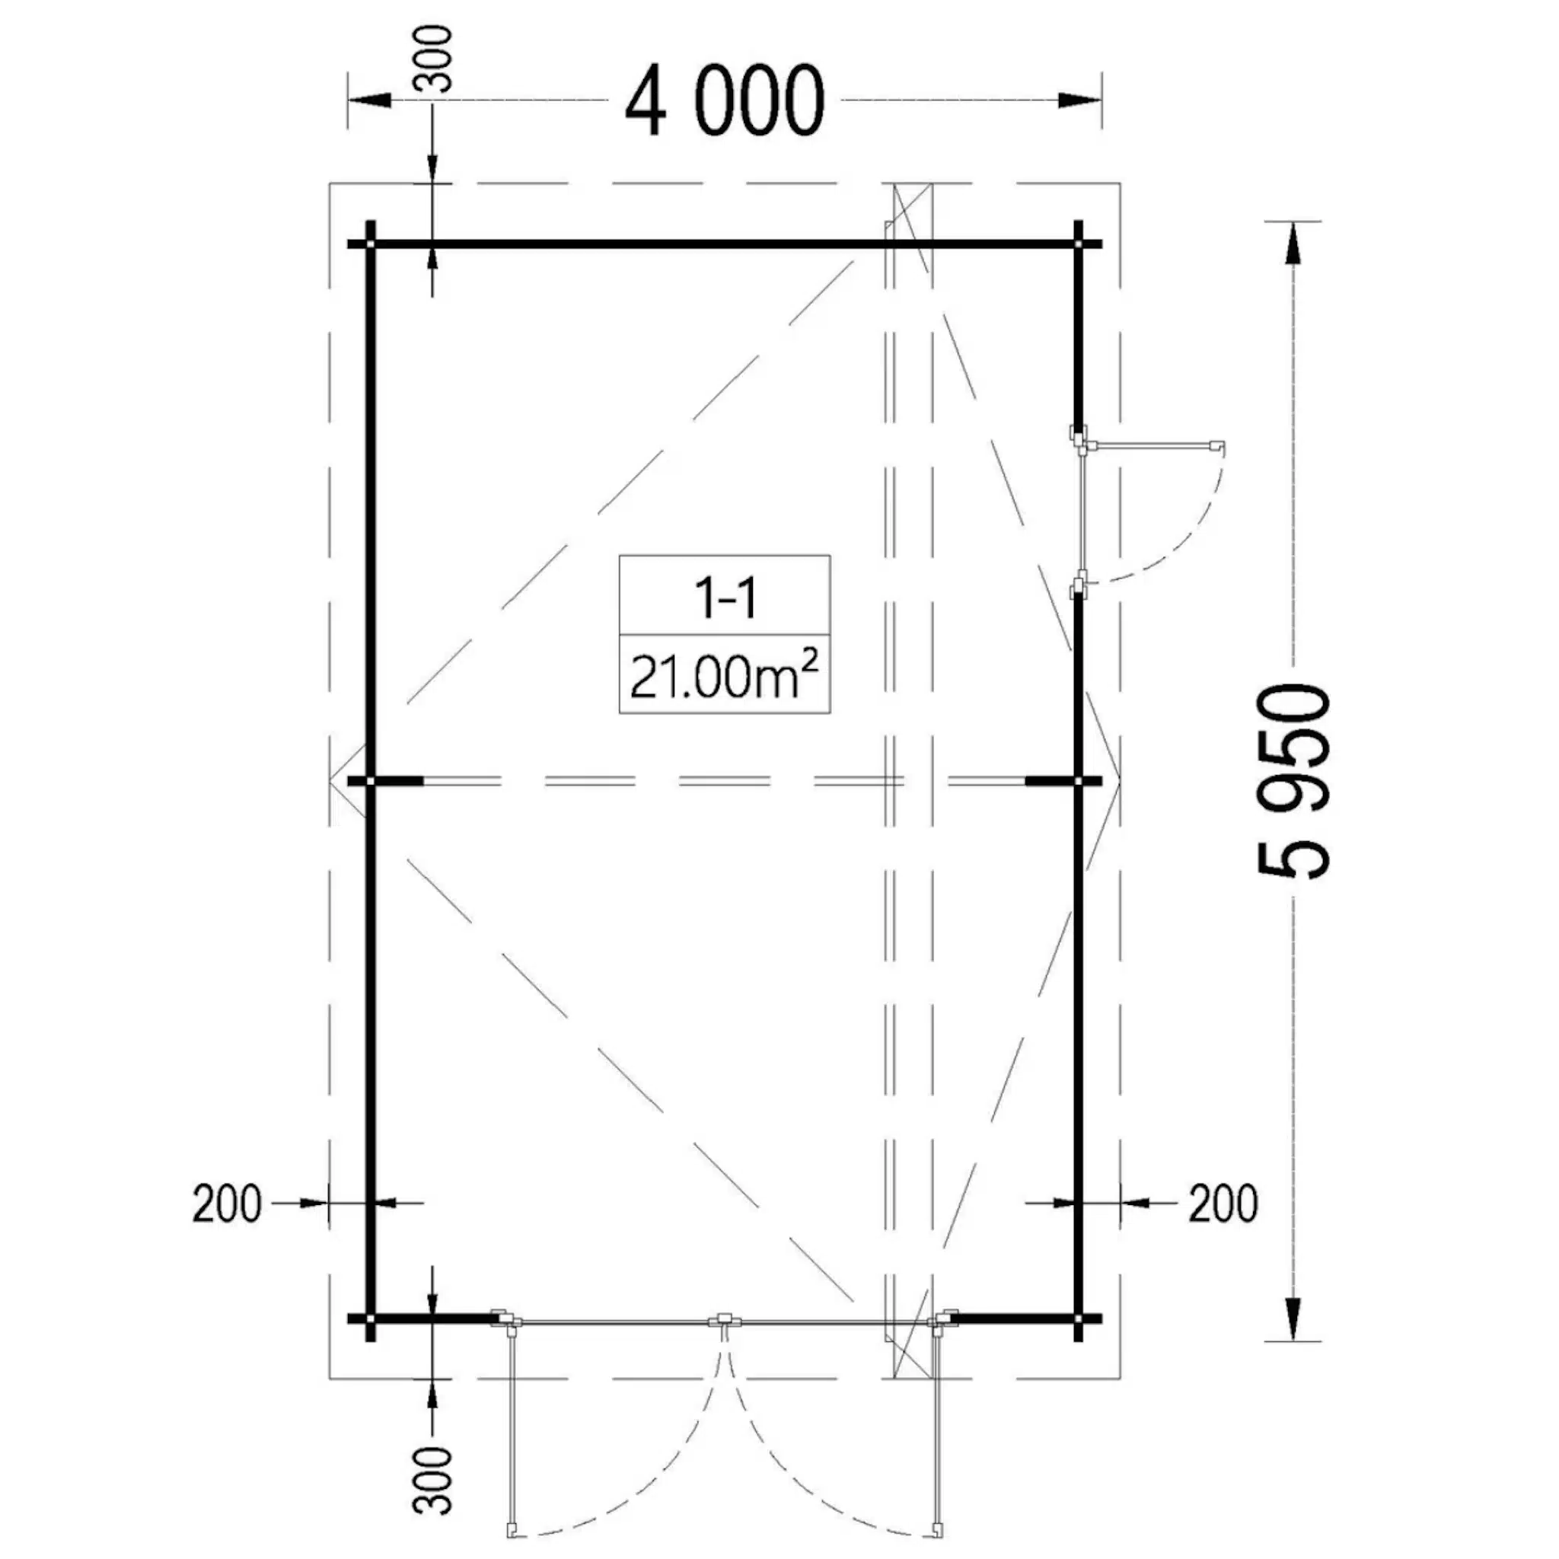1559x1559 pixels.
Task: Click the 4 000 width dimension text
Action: tap(725, 102)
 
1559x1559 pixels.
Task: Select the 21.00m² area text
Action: tap(724, 675)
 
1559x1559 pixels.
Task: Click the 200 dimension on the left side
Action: tap(227, 1204)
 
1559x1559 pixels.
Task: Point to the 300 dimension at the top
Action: tap(432, 59)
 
